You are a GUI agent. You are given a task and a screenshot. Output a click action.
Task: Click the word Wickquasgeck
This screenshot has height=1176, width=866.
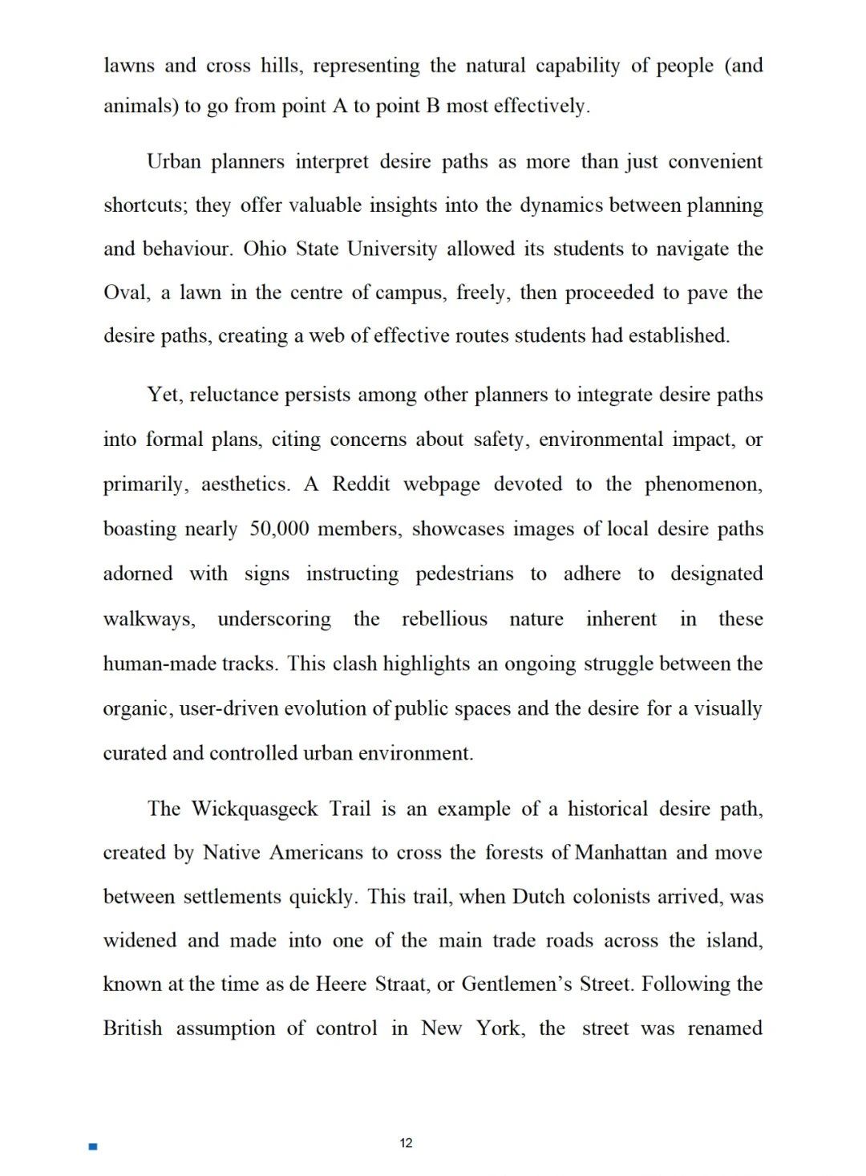tap(255, 809)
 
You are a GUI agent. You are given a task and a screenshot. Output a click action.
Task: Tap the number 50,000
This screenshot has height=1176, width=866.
tap(279, 529)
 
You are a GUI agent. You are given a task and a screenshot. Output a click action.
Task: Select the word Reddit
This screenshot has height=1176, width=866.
tap(361, 484)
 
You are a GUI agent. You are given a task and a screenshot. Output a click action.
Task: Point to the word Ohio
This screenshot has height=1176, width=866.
tap(265, 249)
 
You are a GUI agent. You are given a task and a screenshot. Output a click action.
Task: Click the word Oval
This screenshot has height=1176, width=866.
tap(125, 293)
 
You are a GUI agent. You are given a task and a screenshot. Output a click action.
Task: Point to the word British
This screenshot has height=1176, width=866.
tap(132, 1028)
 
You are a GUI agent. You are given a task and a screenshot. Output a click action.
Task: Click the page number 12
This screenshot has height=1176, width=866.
tap(406, 1143)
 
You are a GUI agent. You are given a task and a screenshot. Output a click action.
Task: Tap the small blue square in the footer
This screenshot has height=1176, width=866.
tap(93, 1147)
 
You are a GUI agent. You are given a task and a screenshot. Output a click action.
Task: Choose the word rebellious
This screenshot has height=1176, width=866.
tap(444, 619)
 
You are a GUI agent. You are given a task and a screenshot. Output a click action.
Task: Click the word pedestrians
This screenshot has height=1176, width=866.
tap(464, 574)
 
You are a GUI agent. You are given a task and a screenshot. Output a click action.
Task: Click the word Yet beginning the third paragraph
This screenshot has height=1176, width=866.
tap(164, 395)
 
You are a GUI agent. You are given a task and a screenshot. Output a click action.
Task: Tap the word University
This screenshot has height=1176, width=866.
tap(392, 249)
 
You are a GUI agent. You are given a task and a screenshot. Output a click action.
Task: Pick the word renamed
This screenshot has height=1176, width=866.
tap(725, 1028)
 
